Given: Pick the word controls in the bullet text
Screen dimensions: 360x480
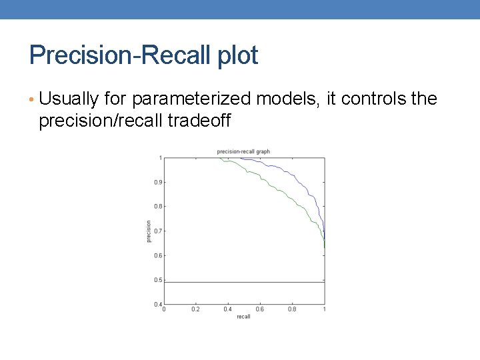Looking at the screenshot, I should pyautogui.click(x=375, y=99).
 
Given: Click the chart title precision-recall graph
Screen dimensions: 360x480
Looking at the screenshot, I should pyautogui.click(x=243, y=152).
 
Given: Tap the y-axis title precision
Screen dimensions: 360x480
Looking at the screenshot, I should pyautogui.click(x=148, y=231).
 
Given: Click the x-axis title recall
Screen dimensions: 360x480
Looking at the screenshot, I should pyautogui.click(x=243, y=317).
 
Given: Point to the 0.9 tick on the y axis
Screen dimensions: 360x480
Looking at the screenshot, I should pyautogui.click(x=158, y=182).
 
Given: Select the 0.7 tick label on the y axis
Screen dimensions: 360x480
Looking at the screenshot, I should pyautogui.click(x=158, y=231).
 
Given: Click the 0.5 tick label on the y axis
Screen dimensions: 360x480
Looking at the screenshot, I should pyautogui.click(x=158, y=280).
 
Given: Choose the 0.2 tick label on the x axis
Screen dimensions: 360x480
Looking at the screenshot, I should pyautogui.click(x=196, y=309).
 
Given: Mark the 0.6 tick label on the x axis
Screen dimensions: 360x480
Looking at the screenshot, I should pyautogui.click(x=260, y=309).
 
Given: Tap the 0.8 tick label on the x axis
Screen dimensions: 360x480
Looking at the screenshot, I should pyautogui.click(x=292, y=309).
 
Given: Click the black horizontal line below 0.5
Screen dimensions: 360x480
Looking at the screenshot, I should pyautogui.click(x=243, y=283).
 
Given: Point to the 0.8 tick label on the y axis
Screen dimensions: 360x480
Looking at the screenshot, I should pyautogui.click(x=158, y=207).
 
